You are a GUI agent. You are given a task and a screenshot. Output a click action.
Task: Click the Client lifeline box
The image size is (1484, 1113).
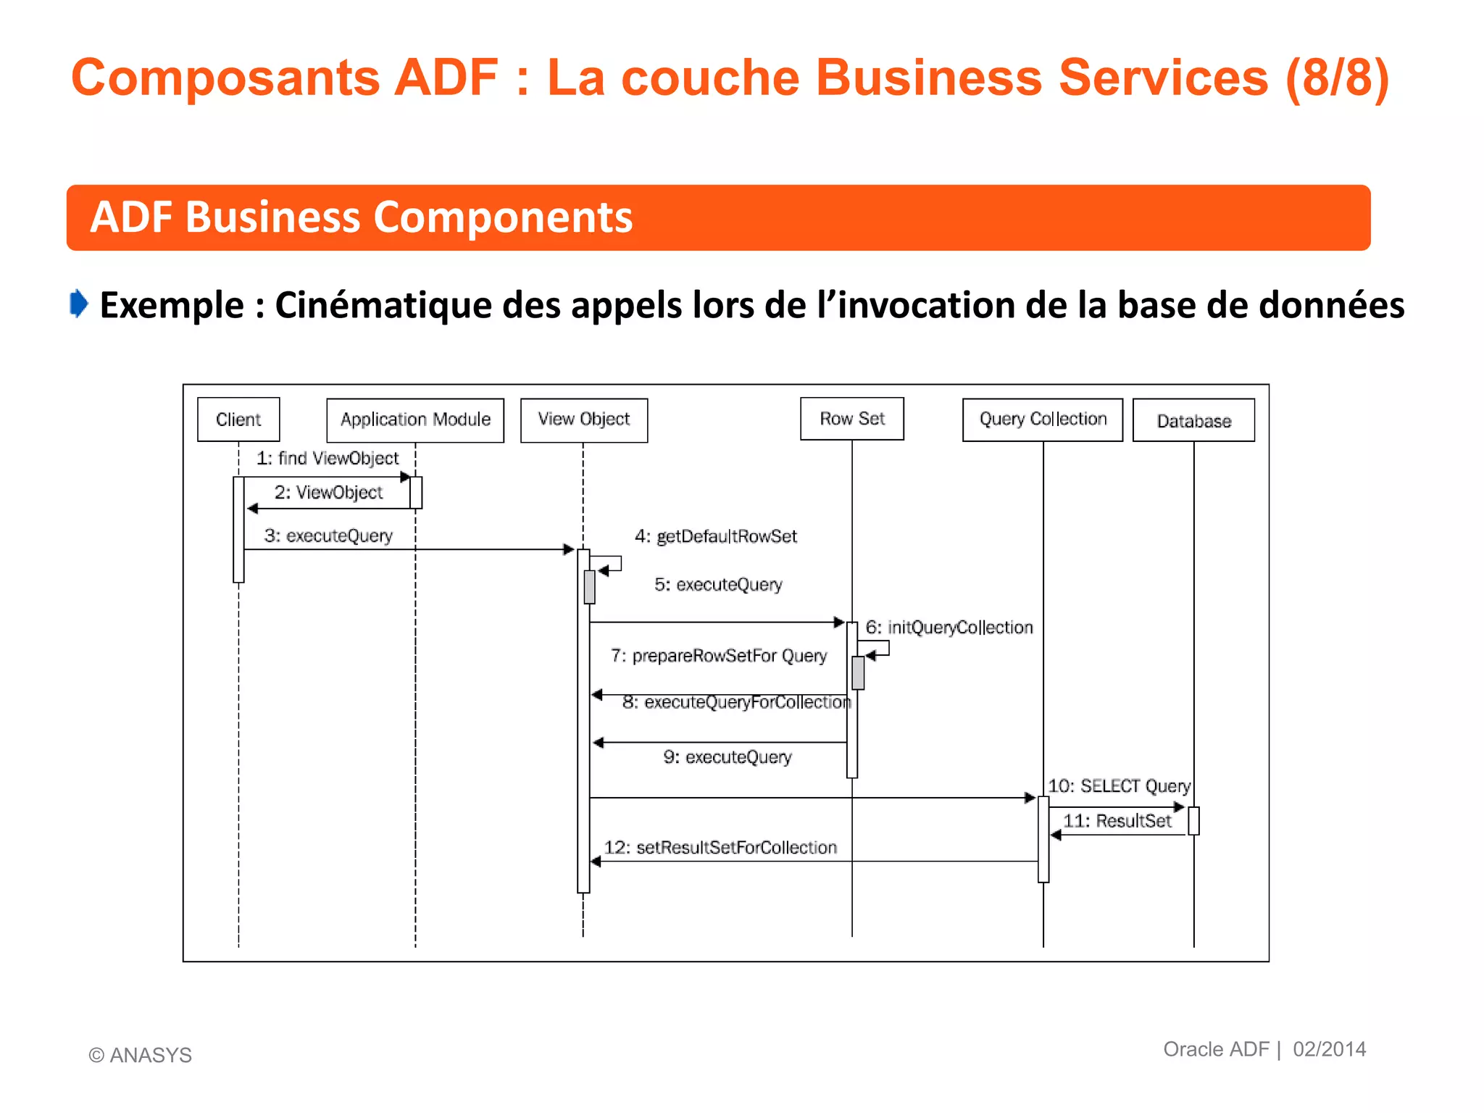238,420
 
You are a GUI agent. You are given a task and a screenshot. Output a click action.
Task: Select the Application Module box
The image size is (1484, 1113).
415,420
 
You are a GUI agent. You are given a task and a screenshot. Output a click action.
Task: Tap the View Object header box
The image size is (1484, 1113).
584,420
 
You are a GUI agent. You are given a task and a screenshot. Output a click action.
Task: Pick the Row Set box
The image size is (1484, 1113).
852,419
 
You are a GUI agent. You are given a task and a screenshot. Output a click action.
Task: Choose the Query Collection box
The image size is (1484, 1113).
1043,420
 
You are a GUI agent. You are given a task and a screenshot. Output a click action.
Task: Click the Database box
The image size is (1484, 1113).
1193,421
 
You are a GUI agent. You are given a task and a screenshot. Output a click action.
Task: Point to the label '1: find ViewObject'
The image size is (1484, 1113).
328,459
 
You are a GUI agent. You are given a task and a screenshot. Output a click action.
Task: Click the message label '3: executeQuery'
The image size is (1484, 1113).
328,536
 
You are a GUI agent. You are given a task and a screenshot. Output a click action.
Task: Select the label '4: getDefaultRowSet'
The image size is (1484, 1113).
716,537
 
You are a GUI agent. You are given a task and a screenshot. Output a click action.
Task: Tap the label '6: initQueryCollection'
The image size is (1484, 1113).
949,628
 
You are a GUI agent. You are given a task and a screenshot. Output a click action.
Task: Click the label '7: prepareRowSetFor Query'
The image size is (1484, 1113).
719,656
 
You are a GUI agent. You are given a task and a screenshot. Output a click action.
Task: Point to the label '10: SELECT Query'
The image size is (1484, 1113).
1120,786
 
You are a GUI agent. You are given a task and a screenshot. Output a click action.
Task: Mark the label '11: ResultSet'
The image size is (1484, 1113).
1117,821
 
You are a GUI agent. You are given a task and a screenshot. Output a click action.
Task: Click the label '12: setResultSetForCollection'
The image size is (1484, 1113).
721,848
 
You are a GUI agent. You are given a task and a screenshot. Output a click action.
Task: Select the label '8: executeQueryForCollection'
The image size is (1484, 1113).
737,702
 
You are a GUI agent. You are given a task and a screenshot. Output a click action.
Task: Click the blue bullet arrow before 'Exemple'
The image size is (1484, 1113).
79,304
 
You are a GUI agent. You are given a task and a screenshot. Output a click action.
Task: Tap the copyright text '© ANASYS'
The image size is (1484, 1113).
141,1055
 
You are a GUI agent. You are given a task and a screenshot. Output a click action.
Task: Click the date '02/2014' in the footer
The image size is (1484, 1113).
1330,1049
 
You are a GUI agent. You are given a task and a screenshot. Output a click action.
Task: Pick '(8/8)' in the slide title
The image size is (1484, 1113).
1338,78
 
